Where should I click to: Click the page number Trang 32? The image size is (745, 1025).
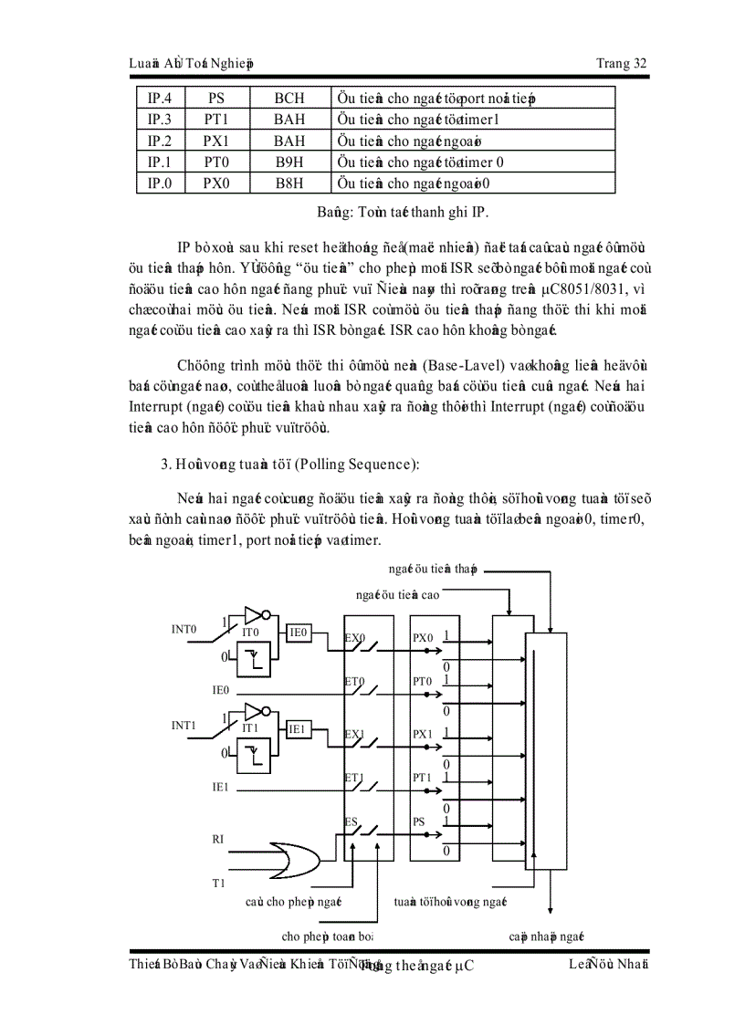click(621, 63)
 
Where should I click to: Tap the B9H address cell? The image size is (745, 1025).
click(289, 162)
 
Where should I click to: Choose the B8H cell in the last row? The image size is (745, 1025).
click(289, 184)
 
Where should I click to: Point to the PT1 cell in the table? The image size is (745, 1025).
click(216, 120)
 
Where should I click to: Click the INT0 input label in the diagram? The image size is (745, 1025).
click(184, 629)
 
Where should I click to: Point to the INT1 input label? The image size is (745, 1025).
click(184, 726)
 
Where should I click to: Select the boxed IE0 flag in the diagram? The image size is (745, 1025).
click(299, 632)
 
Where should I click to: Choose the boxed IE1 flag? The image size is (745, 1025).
click(299, 728)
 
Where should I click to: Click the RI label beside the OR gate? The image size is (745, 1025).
click(217, 838)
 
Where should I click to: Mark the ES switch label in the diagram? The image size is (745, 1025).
click(351, 821)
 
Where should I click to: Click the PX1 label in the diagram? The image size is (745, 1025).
click(422, 734)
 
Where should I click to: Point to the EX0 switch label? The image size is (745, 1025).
click(354, 638)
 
